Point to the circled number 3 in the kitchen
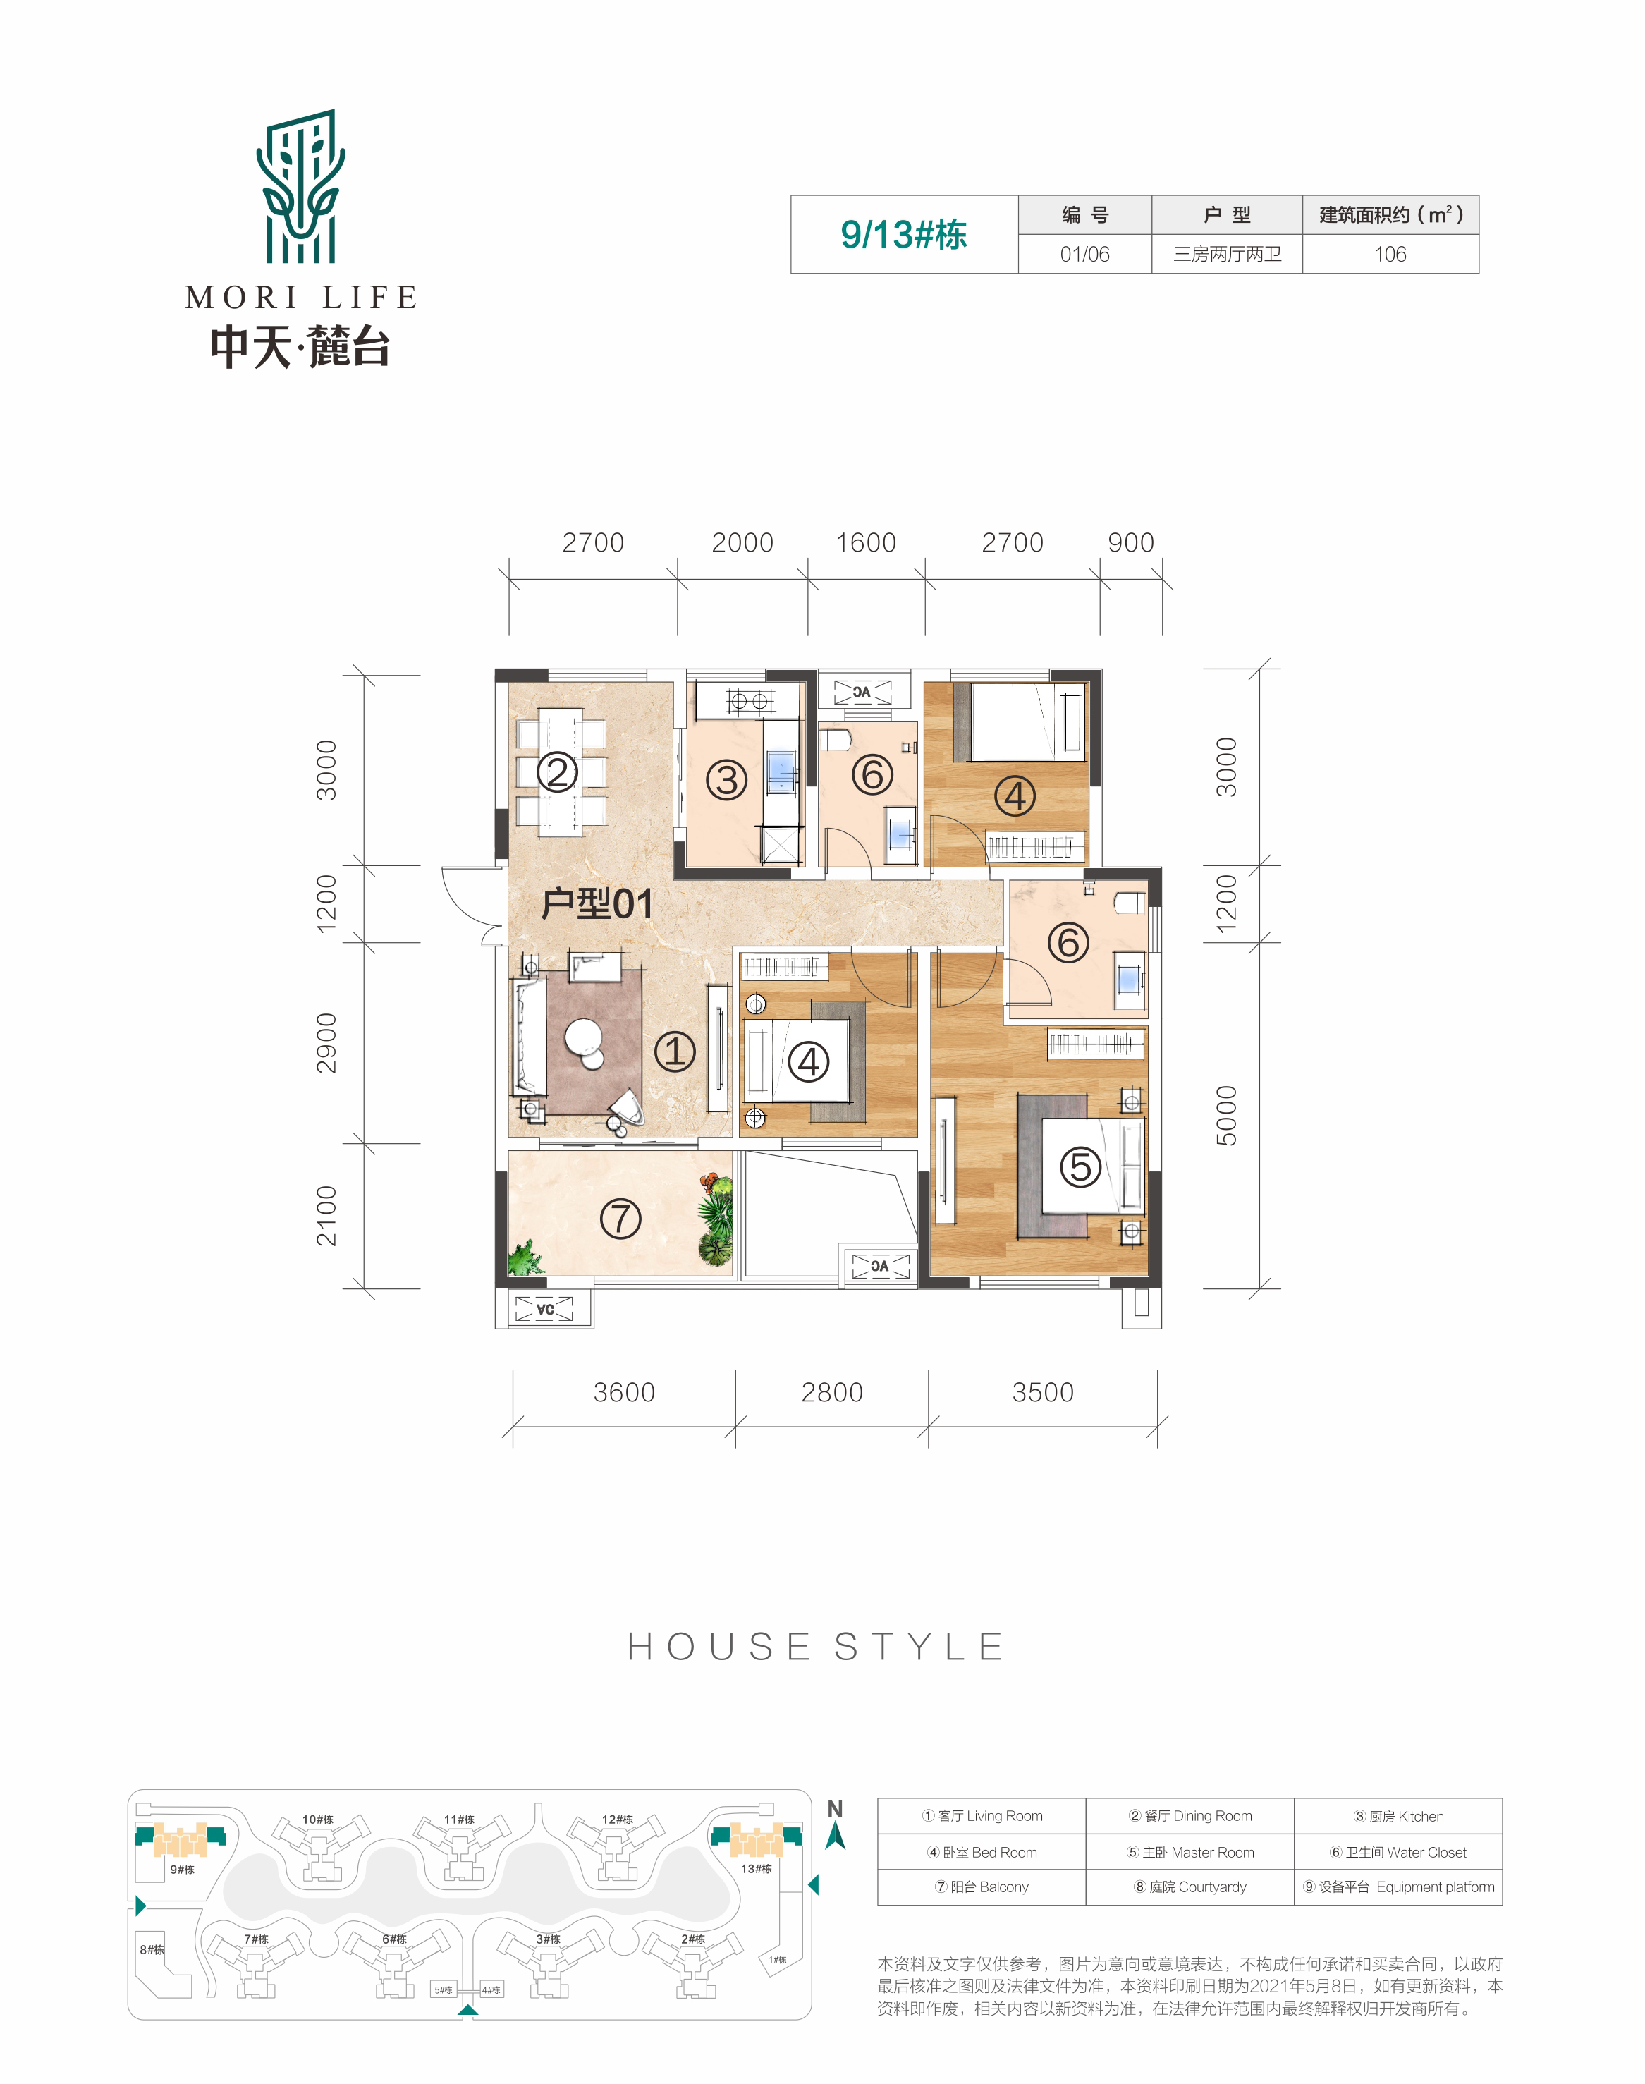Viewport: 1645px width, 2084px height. point(727,779)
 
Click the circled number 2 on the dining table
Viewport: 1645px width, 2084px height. point(557,772)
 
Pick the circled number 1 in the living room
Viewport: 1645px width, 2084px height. point(675,1052)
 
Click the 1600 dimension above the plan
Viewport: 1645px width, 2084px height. point(866,542)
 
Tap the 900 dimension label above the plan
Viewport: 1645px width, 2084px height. point(1131,542)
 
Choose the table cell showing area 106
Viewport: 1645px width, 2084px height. point(1390,254)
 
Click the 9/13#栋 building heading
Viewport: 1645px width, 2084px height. point(903,234)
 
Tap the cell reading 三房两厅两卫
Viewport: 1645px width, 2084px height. point(1227,254)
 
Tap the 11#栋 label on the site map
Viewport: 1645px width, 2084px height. point(458,1819)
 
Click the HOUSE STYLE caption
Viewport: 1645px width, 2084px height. point(817,1647)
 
